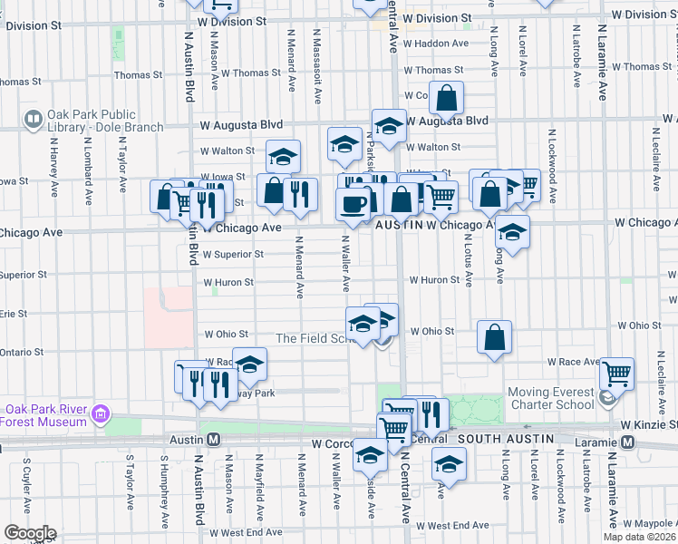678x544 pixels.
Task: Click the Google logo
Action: [29, 533]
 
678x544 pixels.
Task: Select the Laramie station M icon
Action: [626, 442]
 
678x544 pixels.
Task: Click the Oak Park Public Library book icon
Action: [34, 119]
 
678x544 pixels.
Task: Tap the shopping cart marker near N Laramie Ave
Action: [616, 372]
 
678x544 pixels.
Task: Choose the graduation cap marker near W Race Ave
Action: [250, 364]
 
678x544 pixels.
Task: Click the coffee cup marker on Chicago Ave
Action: [353, 204]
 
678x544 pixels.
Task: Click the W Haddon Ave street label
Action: [436, 43]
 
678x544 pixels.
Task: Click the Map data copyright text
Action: [639, 537]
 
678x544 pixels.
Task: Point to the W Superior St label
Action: [233, 255]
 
